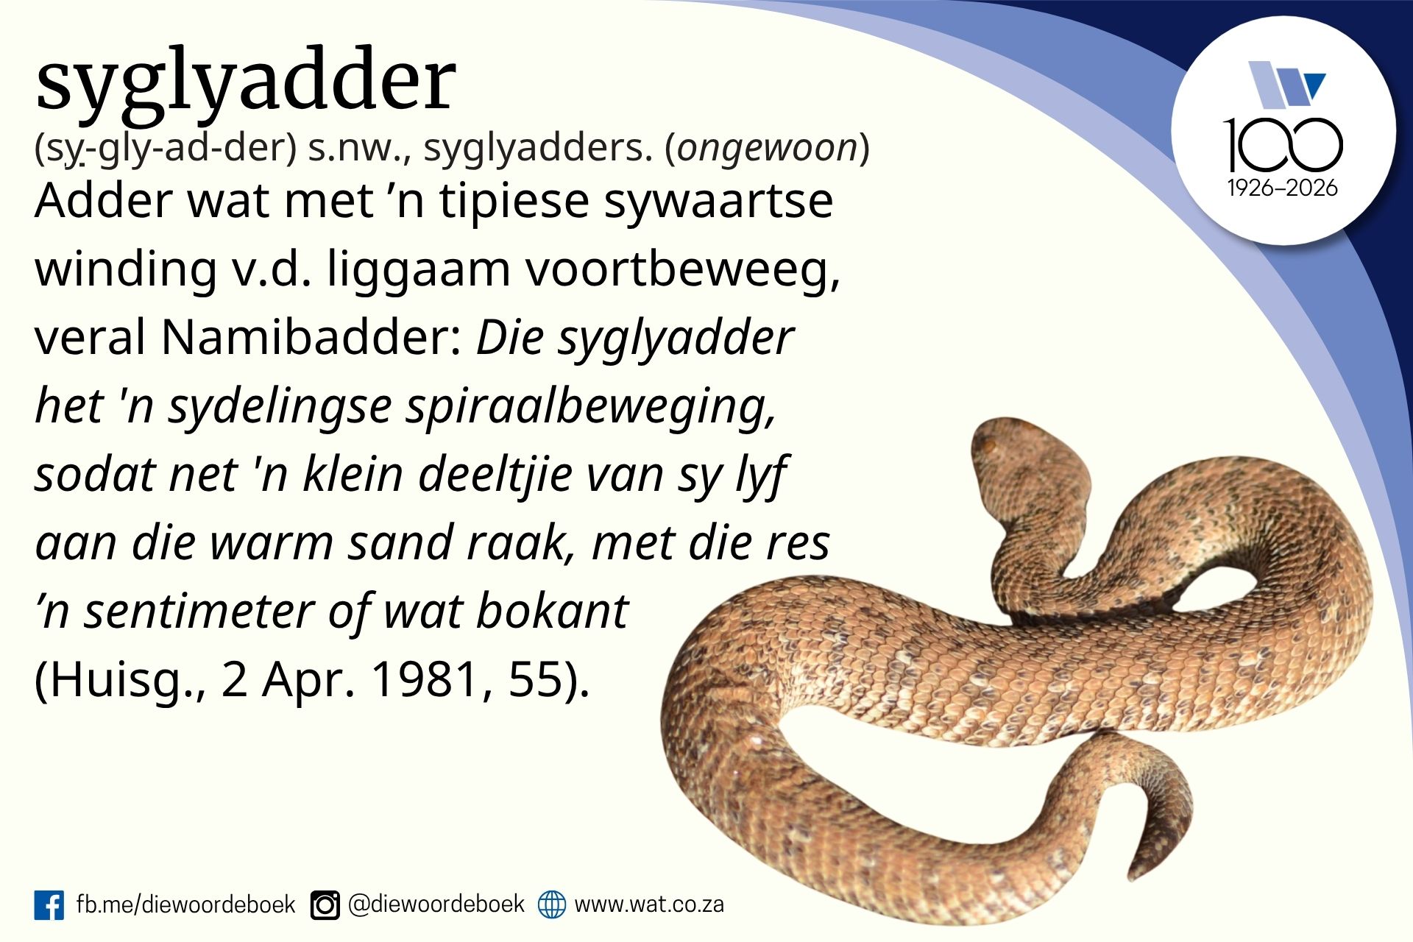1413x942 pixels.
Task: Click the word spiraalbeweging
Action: pyautogui.click(x=591, y=407)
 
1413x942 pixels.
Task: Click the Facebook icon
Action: pyautogui.click(x=49, y=904)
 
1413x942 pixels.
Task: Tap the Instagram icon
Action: pyautogui.click(x=325, y=904)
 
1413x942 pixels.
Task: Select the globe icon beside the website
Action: pyautogui.click(x=551, y=904)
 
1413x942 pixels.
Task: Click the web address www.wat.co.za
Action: pyautogui.click(x=649, y=904)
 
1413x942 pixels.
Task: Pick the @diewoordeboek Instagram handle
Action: pyautogui.click(x=436, y=904)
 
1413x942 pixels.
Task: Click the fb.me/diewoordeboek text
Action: pyautogui.click(x=185, y=904)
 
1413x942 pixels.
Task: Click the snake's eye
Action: pyautogui.click(x=988, y=445)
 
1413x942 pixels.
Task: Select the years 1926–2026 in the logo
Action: pyautogui.click(x=1283, y=188)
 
